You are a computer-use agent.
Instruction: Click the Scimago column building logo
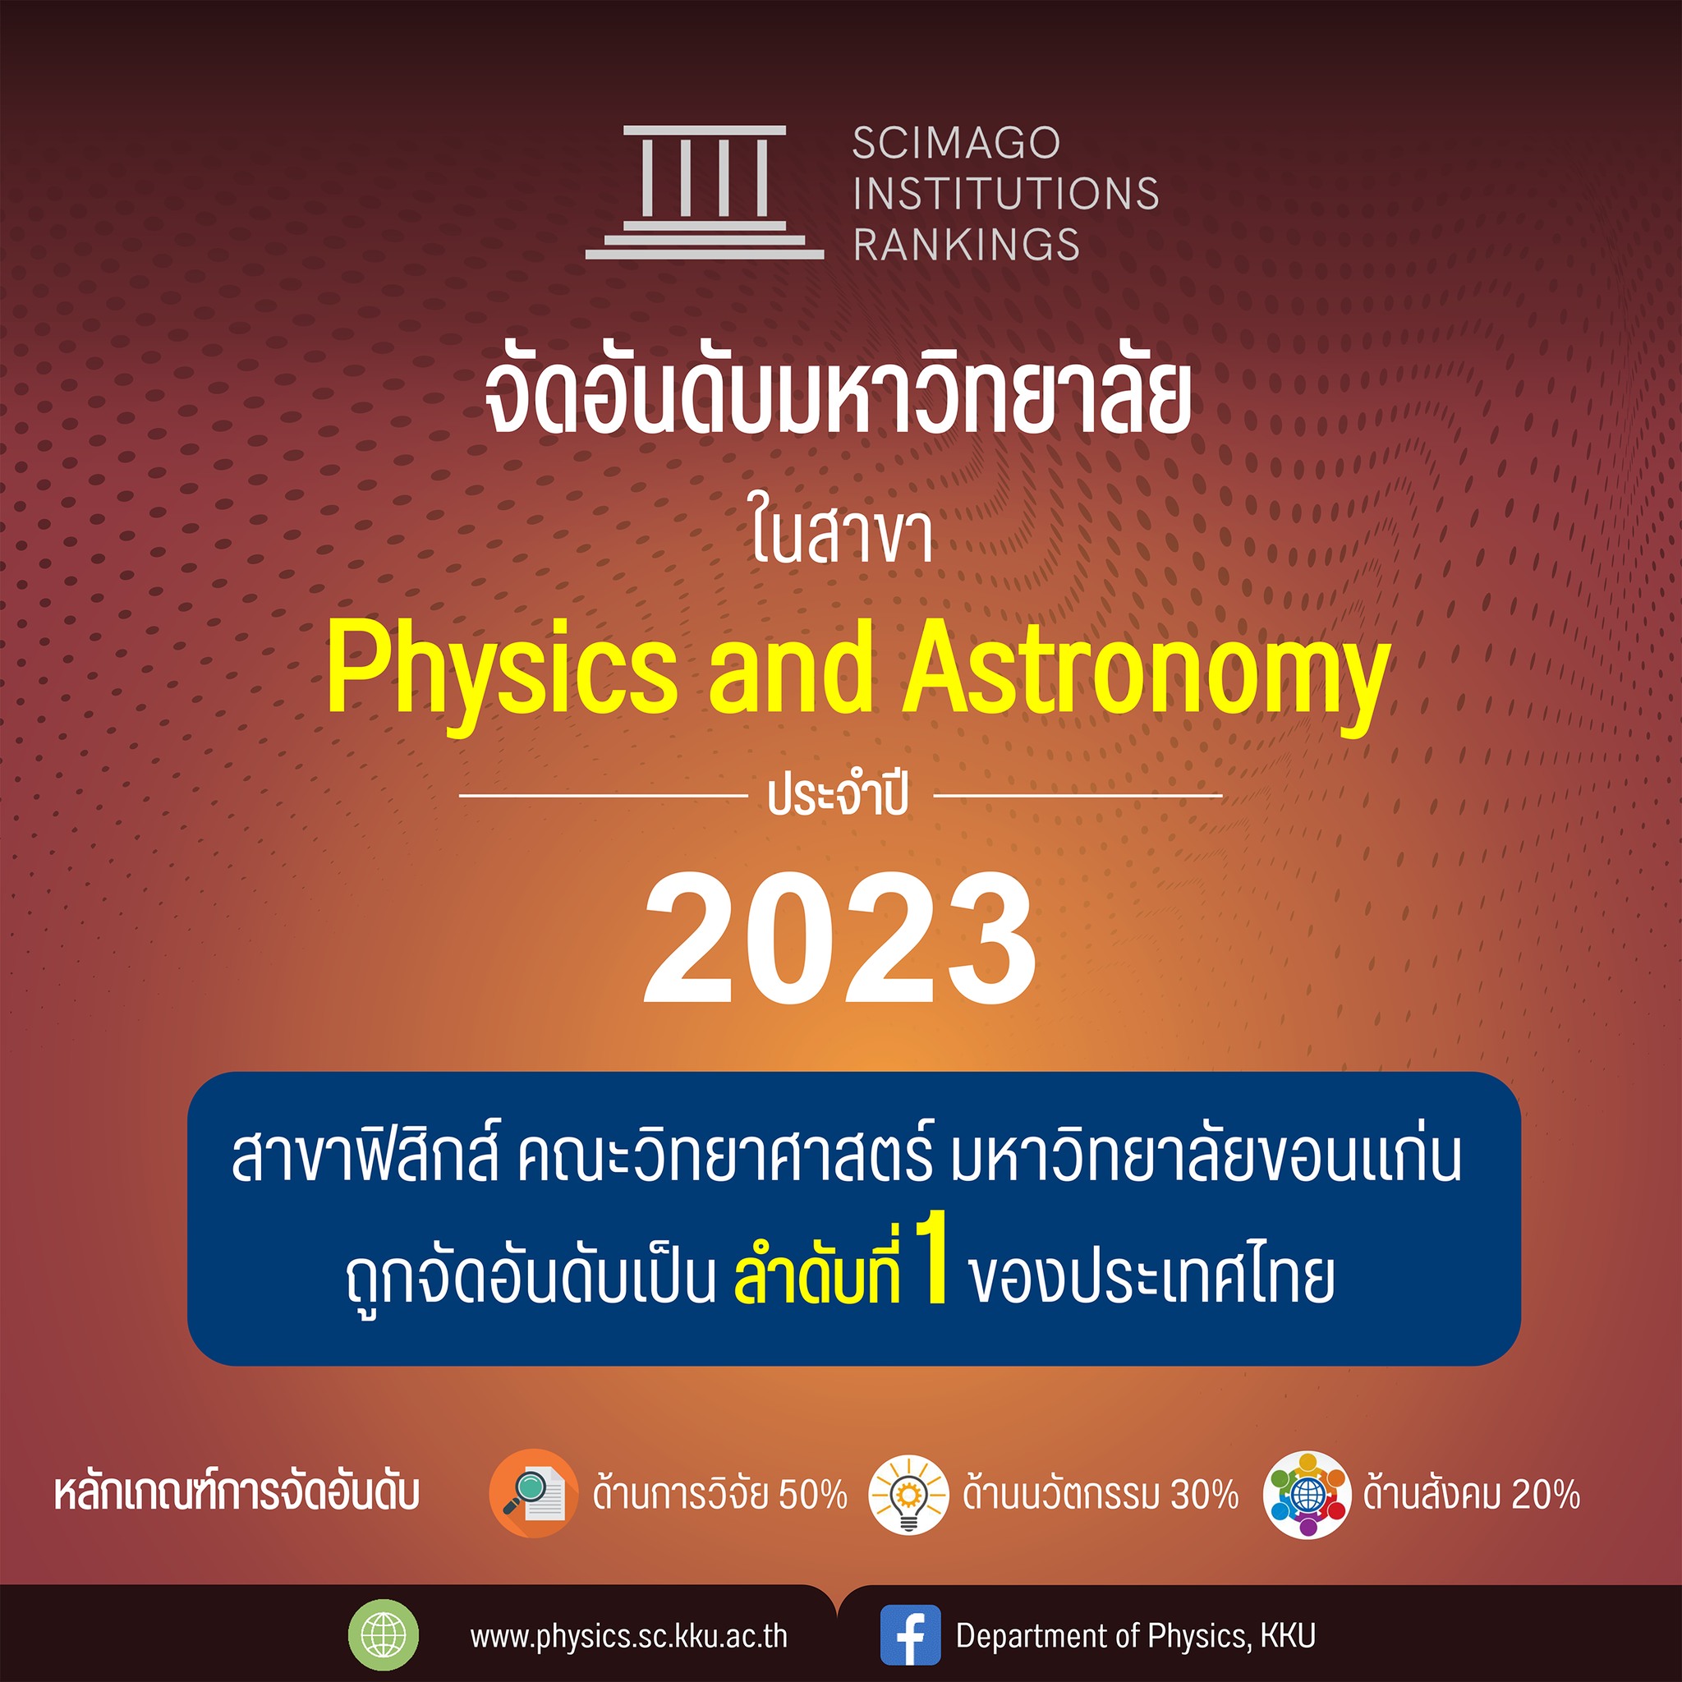tap(705, 192)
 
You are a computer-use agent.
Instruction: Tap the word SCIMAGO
tap(956, 144)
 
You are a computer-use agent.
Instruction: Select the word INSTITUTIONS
tap(1005, 193)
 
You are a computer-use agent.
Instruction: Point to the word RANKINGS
tap(967, 244)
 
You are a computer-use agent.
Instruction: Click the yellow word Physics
tap(502, 671)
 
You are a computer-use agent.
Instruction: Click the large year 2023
tap(839, 939)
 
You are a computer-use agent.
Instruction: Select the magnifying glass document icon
tap(533, 1493)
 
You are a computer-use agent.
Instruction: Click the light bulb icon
tap(908, 1494)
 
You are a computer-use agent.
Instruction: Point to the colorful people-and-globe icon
tap(1307, 1495)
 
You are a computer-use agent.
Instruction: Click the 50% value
tap(812, 1495)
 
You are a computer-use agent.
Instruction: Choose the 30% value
tap(1204, 1495)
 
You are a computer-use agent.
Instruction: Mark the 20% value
tap(1546, 1495)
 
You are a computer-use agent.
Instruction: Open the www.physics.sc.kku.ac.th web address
tap(628, 1637)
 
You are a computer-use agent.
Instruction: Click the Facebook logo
tap(911, 1635)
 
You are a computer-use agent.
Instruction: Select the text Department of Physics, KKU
tap(1135, 1636)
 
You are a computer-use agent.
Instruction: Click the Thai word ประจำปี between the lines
tap(839, 794)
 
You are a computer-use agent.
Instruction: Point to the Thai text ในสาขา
tap(842, 535)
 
